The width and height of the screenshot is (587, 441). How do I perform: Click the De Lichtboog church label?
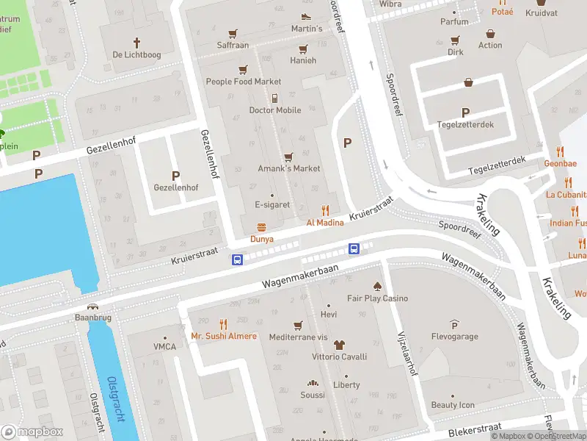[136, 55]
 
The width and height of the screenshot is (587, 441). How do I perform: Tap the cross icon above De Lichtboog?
[136, 43]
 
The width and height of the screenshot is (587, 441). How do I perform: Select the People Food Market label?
[243, 82]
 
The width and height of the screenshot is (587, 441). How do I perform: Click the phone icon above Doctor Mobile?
[274, 98]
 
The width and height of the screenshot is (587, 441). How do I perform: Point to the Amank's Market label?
[288, 168]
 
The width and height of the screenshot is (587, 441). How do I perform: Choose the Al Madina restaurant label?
[325, 222]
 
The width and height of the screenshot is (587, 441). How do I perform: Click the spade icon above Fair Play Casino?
[377, 286]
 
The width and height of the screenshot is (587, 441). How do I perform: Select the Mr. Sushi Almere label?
[224, 336]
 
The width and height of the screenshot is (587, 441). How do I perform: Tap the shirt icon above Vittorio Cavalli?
[338, 344]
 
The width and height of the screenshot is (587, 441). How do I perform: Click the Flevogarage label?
[454, 337]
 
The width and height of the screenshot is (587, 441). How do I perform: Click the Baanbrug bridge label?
[92, 318]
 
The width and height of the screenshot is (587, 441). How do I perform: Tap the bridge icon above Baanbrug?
[92, 307]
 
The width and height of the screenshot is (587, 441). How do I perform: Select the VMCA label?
[164, 347]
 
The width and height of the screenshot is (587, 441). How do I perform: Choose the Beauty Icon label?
[453, 405]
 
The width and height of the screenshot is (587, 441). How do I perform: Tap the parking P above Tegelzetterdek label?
[465, 112]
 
